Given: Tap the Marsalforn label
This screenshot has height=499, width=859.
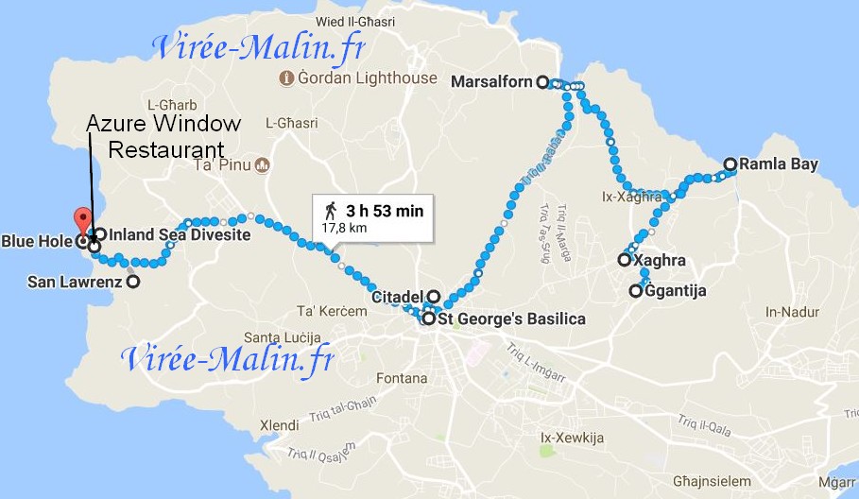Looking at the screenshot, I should coord(492,81).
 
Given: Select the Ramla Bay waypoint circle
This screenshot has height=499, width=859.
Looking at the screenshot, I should coord(730,163).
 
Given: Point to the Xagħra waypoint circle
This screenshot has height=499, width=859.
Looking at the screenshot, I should coord(625,259).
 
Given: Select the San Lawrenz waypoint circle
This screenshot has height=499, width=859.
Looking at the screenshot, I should coord(133,281).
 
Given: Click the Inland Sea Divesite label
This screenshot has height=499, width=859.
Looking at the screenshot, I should coord(180,234).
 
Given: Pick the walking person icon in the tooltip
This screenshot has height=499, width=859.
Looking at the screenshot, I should coord(331,210).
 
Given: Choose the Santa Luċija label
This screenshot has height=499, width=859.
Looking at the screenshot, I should coord(283,337).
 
